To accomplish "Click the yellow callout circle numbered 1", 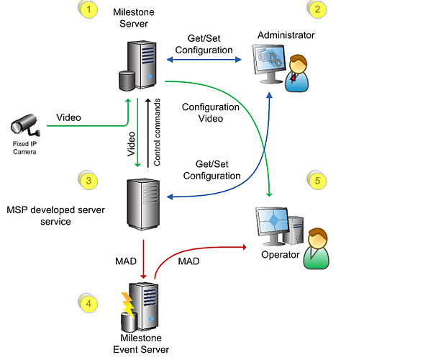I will point(88,10).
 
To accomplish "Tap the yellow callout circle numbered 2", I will point(317,10).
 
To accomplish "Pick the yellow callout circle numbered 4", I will point(88,304).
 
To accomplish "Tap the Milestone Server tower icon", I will point(140,65).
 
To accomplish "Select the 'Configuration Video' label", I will point(210,112).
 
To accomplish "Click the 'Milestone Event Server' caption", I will point(142,344).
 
